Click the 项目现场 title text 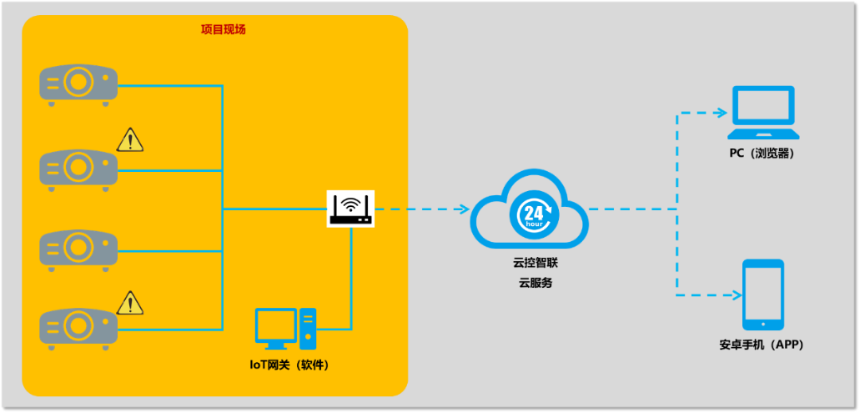click(x=223, y=30)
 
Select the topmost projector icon click(x=78, y=84)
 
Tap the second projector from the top click(x=78, y=168)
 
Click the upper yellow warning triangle click(x=129, y=140)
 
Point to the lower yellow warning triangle click(x=129, y=303)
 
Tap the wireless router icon click(x=350, y=209)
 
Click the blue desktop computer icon click(x=285, y=329)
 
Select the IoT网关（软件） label click(x=290, y=365)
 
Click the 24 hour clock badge click(x=531, y=214)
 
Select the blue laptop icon click(x=763, y=113)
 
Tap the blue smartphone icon click(x=763, y=294)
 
